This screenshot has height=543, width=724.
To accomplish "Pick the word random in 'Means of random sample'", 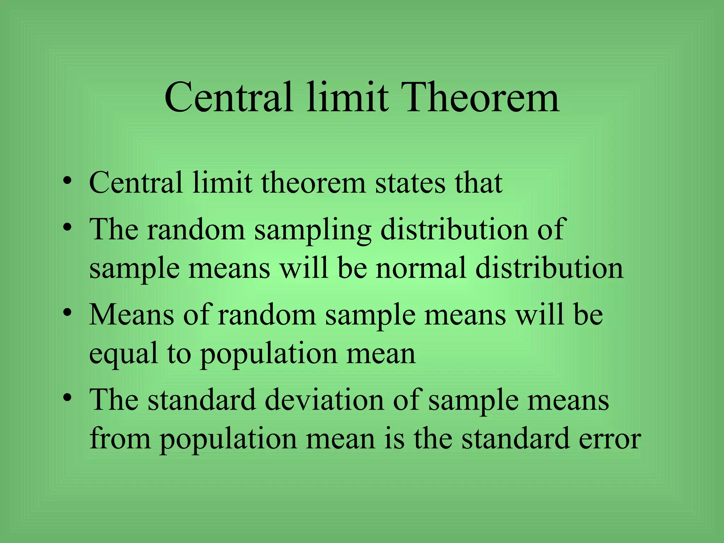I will click(267, 315).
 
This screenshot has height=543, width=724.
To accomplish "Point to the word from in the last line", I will click(120, 438).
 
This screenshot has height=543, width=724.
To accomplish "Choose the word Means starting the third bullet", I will click(131, 315).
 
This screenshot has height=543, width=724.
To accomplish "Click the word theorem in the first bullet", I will click(313, 183).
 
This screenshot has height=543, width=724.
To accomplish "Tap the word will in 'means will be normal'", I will click(304, 268).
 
